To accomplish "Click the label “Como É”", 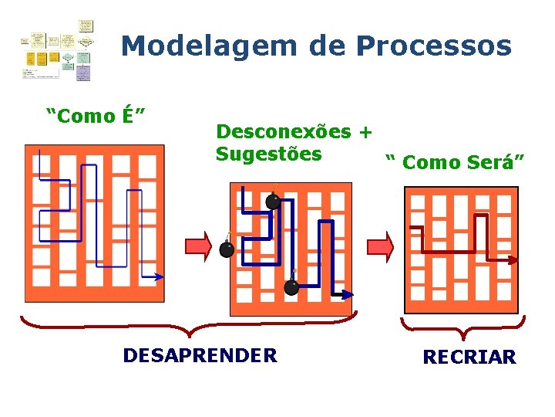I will [96, 116].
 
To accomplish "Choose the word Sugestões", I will [268, 154].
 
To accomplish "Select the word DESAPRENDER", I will [200, 355].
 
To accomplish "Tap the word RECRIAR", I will [469, 358].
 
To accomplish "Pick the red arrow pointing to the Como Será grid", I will [380, 246].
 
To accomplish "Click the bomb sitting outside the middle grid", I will [227, 249].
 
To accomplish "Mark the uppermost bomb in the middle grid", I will [274, 201].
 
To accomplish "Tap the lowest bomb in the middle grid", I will [291, 287].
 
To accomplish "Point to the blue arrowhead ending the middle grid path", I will [348, 294].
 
